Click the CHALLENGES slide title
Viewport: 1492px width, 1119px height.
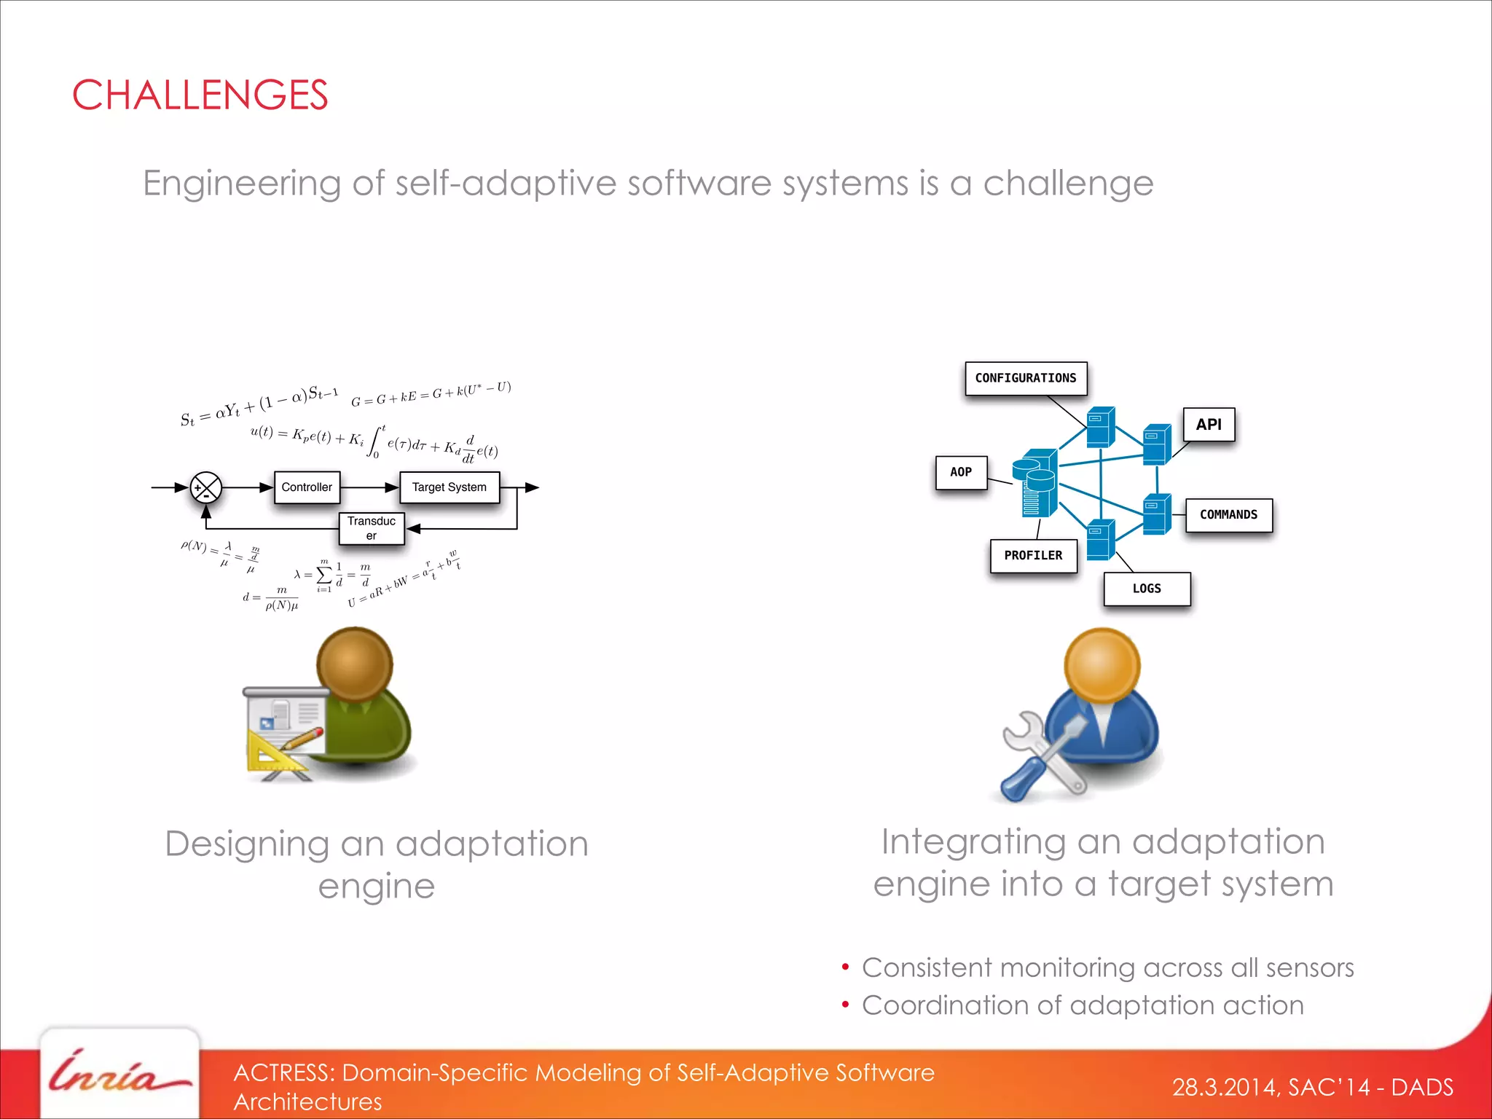pyautogui.click(x=200, y=95)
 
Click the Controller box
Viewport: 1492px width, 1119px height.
pyautogui.click(x=307, y=487)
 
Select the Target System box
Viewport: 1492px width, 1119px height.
pyautogui.click(x=449, y=487)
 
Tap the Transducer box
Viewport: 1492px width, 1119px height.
pyautogui.click(x=371, y=528)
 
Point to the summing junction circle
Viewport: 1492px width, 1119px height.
pyautogui.click(x=205, y=487)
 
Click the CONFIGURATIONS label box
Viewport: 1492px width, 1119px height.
pyautogui.click(x=1025, y=378)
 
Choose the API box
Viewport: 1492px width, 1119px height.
pyautogui.click(x=1208, y=425)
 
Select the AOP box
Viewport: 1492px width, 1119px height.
pyautogui.click(x=960, y=472)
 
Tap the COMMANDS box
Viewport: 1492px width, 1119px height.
pyautogui.click(x=1228, y=515)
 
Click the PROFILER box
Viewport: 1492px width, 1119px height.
pyautogui.click(x=1032, y=556)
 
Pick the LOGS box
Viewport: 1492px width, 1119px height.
pyautogui.click(x=1146, y=589)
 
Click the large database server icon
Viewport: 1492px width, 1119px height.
pyautogui.click(x=1035, y=483)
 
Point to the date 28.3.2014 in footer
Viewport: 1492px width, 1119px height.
pyautogui.click(x=1223, y=1088)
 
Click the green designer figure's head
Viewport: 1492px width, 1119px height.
pyautogui.click(x=355, y=663)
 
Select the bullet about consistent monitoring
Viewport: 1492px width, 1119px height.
pyautogui.click(x=1107, y=967)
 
